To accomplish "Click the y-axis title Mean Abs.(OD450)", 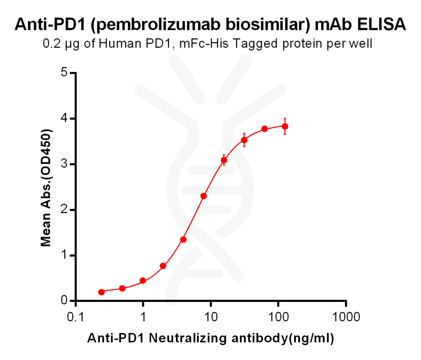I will point(46,187).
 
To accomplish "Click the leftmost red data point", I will point(102,292).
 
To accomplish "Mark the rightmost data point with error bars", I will point(285,126).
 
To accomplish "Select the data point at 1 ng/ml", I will point(143,281).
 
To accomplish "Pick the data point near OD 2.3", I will point(203,196).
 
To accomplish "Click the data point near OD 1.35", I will point(183,239).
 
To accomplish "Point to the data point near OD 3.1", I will point(224,160).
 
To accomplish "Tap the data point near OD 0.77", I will point(163,266).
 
